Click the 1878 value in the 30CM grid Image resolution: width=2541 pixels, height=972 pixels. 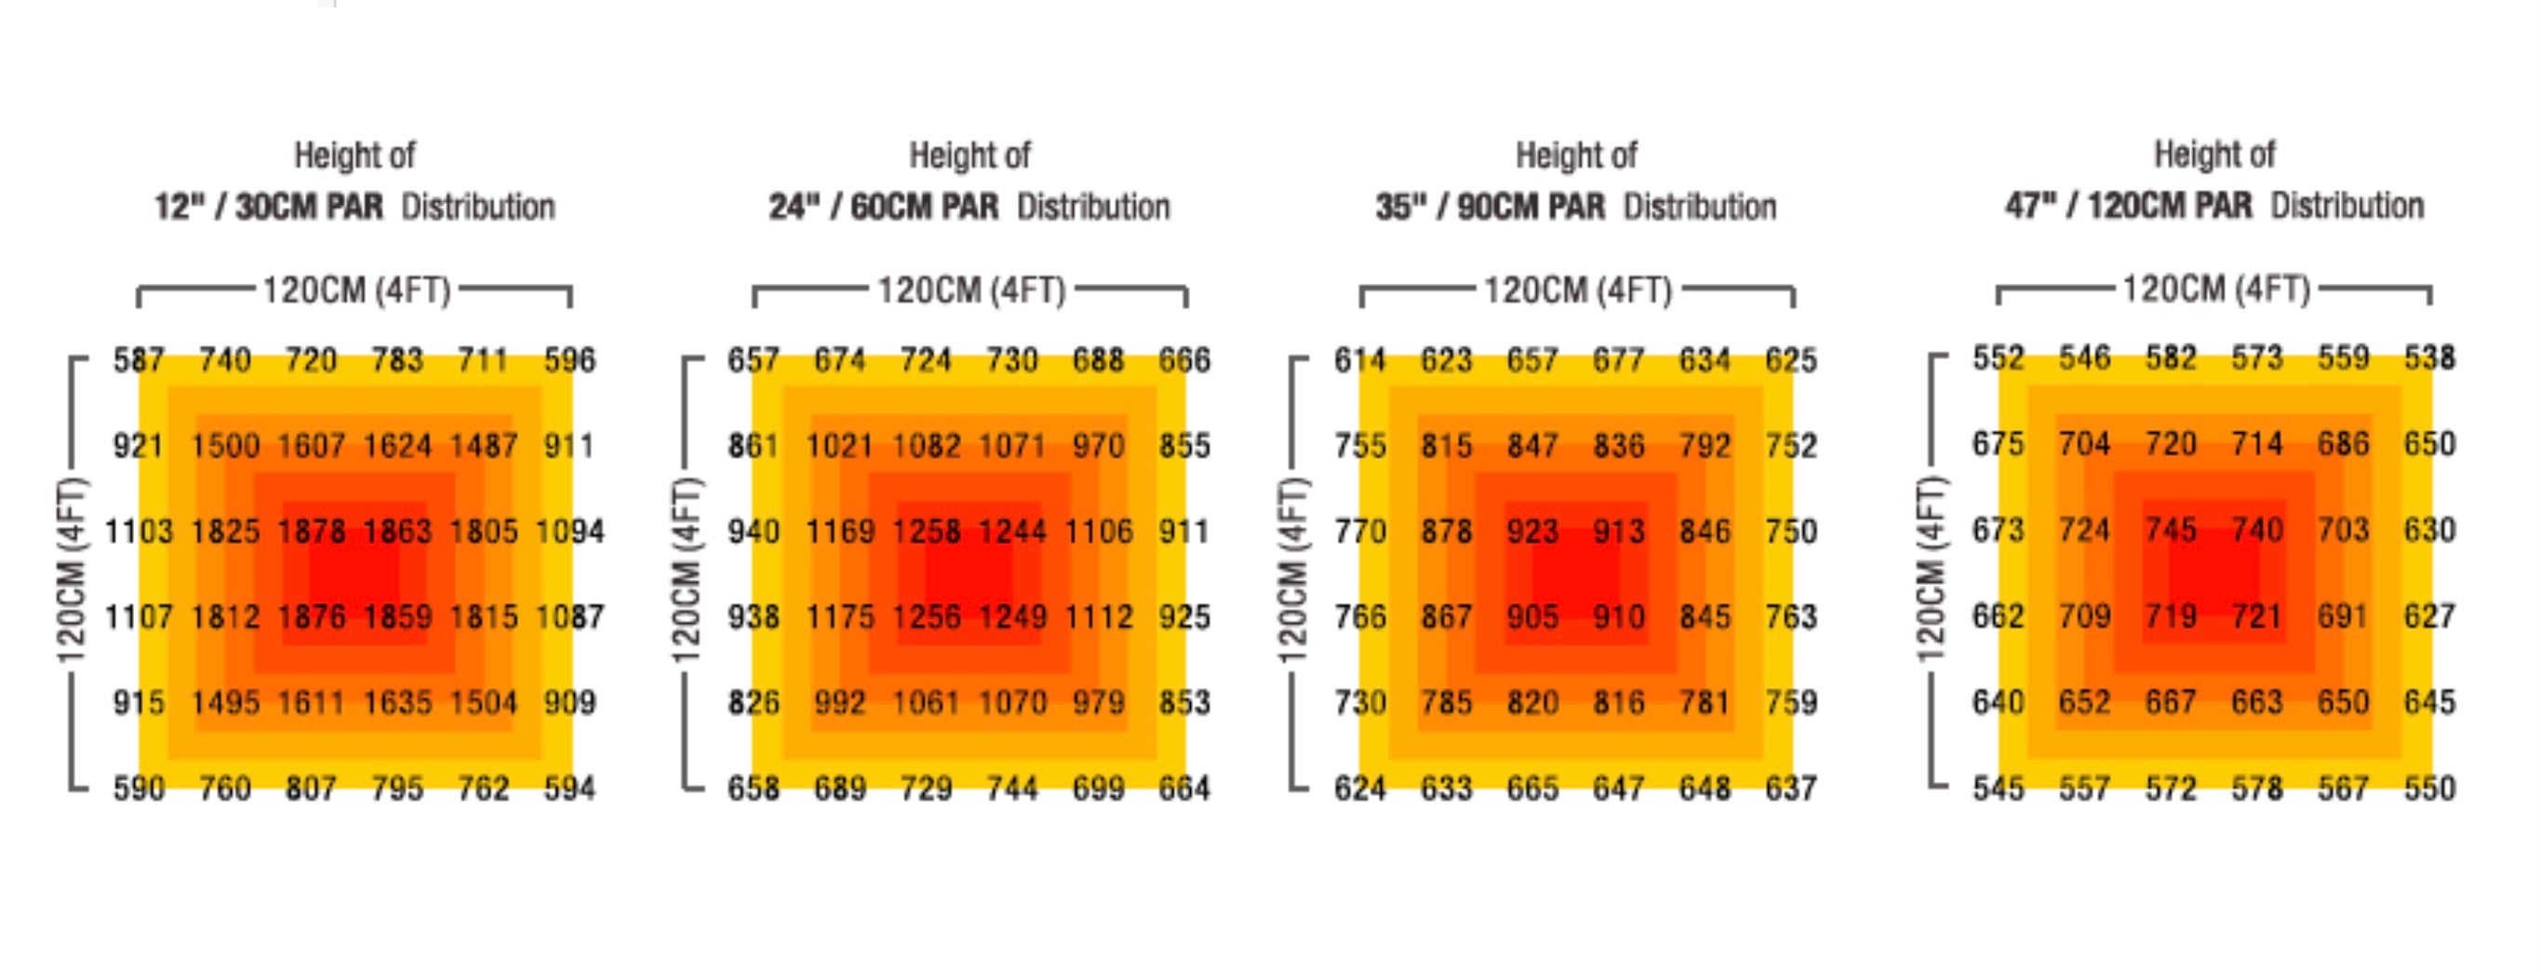(x=311, y=531)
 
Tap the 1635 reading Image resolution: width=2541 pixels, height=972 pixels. (x=397, y=703)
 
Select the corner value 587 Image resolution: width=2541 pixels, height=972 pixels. (x=138, y=360)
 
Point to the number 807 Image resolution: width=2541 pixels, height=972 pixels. (x=311, y=789)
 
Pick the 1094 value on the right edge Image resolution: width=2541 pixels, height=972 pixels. (x=569, y=531)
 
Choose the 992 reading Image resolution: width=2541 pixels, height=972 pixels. (x=839, y=703)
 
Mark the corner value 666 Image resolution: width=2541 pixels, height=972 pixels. (x=1184, y=360)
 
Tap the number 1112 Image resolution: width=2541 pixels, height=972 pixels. (x=1098, y=616)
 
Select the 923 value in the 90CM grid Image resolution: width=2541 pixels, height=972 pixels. (x=1531, y=531)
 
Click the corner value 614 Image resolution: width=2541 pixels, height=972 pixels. (x=1359, y=360)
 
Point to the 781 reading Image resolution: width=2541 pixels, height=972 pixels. (x=1705, y=703)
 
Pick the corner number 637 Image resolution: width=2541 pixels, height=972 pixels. (x=1790, y=789)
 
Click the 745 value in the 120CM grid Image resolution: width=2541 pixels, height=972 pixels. (x=2170, y=530)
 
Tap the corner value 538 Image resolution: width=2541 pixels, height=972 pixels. (x=2428, y=358)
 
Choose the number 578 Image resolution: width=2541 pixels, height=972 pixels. (x=2257, y=789)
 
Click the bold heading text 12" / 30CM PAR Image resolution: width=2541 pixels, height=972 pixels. (x=268, y=208)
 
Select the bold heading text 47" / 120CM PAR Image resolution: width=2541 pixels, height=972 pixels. (x=2129, y=207)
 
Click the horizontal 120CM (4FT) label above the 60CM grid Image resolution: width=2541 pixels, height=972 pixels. (x=971, y=291)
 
